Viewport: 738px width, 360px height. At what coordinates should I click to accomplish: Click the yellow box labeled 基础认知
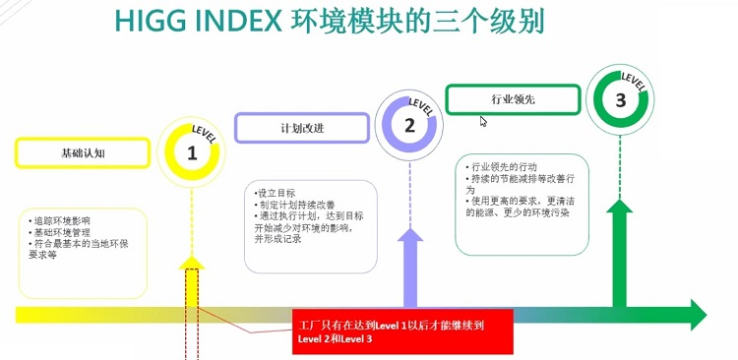point(79,152)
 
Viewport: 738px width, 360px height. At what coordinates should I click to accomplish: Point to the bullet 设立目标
point(272,193)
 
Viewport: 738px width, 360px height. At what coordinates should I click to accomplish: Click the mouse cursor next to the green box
point(483,121)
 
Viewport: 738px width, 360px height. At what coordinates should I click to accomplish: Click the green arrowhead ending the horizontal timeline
point(695,314)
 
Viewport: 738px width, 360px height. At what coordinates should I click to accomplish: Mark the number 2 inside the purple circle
point(408,125)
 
